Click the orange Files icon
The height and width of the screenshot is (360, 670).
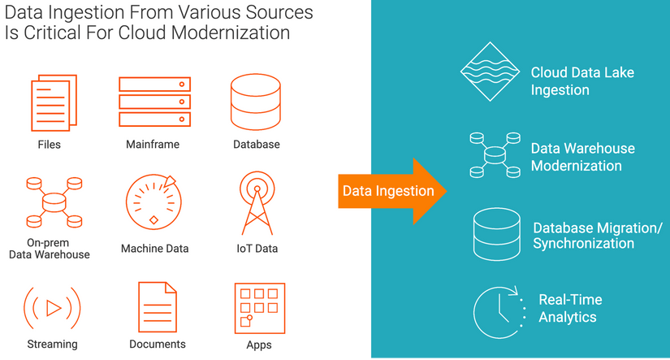(49, 102)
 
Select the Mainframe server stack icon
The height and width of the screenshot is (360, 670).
(153, 102)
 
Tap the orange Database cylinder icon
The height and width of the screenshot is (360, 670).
(256, 102)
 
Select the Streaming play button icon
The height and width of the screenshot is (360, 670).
(53, 307)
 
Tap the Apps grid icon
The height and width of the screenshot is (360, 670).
(259, 306)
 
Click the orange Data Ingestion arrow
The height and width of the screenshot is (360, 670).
(387, 191)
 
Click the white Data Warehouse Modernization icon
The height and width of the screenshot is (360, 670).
(493, 154)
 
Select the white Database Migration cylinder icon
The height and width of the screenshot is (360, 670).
(497, 234)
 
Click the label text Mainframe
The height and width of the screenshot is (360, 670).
(153, 145)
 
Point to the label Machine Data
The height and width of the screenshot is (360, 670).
(154, 249)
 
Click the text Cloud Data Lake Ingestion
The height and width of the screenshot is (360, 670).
(582, 81)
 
